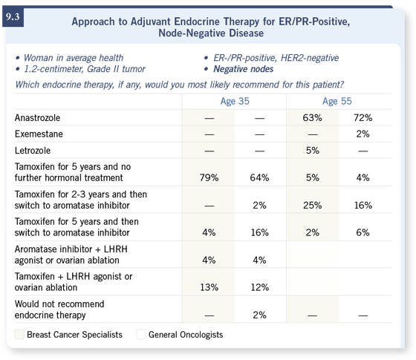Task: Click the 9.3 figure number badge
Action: coord(13,17)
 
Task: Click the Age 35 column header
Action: coord(235,101)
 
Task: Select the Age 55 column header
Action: coord(337,101)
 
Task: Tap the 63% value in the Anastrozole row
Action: coord(312,118)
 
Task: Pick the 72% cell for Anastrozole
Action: coord(363,118)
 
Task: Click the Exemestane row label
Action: coord(39,134)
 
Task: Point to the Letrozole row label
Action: coord(33,151)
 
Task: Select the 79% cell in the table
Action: coord(209,177)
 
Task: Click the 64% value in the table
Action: coord(259,177)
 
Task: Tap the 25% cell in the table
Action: coord(312,205)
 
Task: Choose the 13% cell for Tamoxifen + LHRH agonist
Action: coord(209,287)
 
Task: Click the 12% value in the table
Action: coord(260,287)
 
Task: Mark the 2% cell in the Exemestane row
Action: coord(363,134)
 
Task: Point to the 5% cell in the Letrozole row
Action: coord(313,151)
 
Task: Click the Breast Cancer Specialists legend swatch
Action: coord(19,334)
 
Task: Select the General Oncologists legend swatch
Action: coord(141,334)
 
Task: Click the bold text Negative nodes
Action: coord(244,69)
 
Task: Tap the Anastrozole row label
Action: coord(37,118)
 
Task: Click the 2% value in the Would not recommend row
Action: coord(259,315)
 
